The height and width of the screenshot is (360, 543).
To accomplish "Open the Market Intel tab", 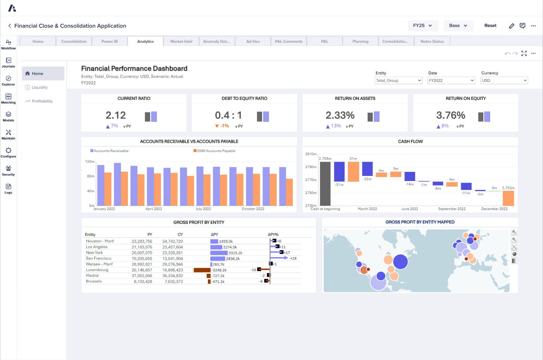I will [x=181, y=41].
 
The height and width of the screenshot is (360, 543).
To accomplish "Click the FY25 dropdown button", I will [x=423, y=25].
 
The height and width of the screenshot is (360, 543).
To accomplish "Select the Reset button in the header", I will [x=490, y=25].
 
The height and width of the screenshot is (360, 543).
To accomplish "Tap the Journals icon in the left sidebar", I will [x=8, y=62].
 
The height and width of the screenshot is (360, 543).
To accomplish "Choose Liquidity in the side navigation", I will [x=39, y=87].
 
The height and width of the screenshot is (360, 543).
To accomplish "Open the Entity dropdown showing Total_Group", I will [x=398, y=80].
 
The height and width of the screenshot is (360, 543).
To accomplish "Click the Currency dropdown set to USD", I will [x=504, y=80].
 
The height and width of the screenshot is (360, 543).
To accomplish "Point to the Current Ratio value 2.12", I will [x=116, y=115].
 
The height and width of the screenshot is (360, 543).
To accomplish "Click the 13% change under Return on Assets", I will [x=336, y=126].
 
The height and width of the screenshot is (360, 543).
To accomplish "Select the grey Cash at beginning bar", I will [x=325, y=183].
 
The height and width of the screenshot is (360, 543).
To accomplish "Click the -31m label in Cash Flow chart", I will [x=339, y=185].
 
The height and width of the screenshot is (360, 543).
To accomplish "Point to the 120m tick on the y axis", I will [x=90, y=161].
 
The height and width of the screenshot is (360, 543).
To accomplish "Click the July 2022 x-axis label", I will [x=203, y=209].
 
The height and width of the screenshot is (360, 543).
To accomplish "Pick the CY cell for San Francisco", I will [x=172, y=258].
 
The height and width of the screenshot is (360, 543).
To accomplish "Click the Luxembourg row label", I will [x=97, y=270].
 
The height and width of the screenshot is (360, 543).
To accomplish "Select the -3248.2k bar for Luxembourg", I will [x=202, y=270].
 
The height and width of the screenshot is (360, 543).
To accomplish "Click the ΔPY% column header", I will [x=273, y=234].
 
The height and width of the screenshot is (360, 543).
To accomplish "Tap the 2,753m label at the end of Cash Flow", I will [x=508, y=188].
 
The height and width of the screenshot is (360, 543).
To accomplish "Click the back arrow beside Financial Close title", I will [x=10, y=26].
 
